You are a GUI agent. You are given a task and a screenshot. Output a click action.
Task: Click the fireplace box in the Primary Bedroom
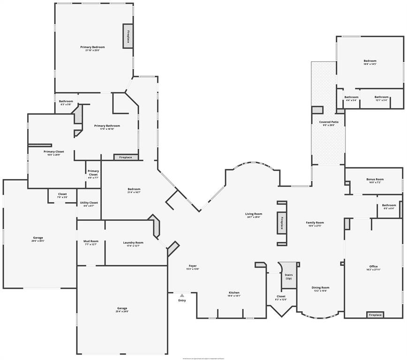pyautogui.click(x=127, y=36)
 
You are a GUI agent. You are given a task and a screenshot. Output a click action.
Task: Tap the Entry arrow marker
pyautogui.click(x=181, y=295)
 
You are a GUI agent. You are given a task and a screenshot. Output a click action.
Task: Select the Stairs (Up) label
pyautogui.click(x=288, y=277)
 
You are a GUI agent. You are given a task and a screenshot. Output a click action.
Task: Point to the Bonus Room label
pyautogui.click(x=375, y=180)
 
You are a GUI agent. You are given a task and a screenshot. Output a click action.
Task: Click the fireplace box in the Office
pyautogui.click(x=375, y=315)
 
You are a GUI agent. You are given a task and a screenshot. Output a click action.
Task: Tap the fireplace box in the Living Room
pyautogui.click(x=282, y=223)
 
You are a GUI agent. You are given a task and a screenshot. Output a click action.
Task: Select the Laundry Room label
pyautogui.click(x=133, y=242)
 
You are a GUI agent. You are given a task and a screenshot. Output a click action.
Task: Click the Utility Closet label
pyautogui.click(x=89, y=202)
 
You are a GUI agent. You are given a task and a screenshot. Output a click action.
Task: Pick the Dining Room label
pyautogui.click(x=321, y=287)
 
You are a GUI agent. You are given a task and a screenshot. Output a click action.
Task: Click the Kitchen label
pyautogui.click(x=234, y=292)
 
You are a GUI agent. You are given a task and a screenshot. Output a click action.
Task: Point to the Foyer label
pyautogui.click(x=193, y=266)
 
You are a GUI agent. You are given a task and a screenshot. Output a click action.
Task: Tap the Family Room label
pyautogui.click(x=316, y=223)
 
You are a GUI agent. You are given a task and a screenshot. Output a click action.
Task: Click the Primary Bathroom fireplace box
pyautogui.click(x=126, y=157)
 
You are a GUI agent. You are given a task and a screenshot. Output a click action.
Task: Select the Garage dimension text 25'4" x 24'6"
pyautogui.click(x=121, y=312)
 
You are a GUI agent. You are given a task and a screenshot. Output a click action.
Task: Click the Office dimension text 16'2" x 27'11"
pyautogui.click(x=373, y=270)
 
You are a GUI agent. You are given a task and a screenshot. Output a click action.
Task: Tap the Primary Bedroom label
pyautogui.click(x=92, y=47)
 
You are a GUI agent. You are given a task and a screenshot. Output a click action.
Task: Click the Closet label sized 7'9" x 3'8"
pyautogui.click(x=62, y=194)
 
